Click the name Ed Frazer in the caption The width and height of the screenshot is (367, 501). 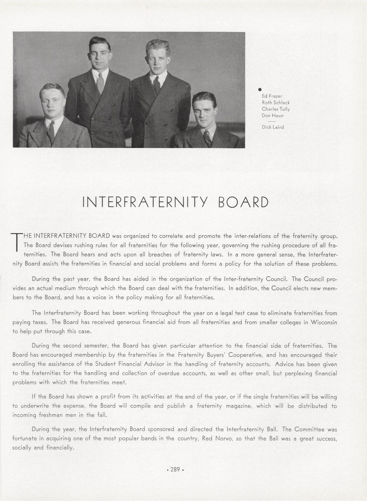(x=272, y=96)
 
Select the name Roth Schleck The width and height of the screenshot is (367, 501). (x=276, y=102)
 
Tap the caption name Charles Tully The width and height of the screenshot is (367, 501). (x=276, y=109)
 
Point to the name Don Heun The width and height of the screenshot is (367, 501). (x=272, y=115)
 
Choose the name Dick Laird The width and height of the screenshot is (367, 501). (x=273, y=127)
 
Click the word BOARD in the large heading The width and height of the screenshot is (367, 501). (x=243, y=202)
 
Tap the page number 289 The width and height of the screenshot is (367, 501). (x=175, y=469)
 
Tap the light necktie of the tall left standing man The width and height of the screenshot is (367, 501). (x=101, y=83)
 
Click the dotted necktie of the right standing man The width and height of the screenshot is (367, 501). (x=156, y=85)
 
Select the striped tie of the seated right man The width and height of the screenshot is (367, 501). (x=207, y=138)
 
